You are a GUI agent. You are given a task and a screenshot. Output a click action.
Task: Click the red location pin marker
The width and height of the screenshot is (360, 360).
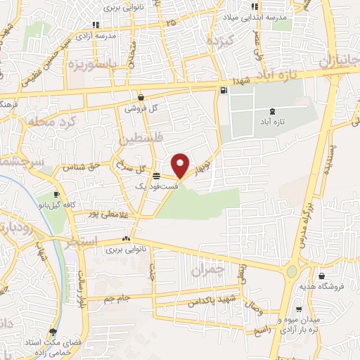[x=181, y=165]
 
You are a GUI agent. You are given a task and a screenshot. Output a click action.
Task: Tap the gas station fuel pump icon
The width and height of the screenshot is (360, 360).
[x=224, y=89]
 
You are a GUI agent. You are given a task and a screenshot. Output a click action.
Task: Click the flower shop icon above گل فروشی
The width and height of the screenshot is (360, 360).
[x=141, y=98]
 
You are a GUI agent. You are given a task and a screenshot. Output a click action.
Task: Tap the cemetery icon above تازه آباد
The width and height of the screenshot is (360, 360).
[x=273, y=111]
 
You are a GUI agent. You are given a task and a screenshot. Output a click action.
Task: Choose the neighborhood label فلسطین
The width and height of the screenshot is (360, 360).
[x=144, y=141]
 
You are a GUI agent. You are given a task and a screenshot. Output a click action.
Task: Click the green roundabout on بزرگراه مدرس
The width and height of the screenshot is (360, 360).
[x=291, y=272]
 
